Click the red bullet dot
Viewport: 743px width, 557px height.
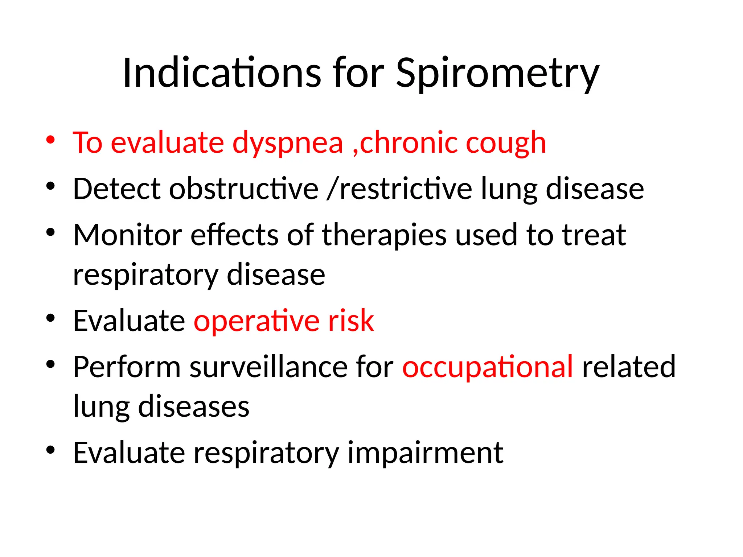50,140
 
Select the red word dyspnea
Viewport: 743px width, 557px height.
287,144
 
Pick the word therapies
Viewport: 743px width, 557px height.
384,236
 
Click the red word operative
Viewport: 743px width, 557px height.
256,322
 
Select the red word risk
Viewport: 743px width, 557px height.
351,321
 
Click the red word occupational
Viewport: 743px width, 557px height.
488,368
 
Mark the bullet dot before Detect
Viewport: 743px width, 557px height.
50,186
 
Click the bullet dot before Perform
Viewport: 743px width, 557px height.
50,364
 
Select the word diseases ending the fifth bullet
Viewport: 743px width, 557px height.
194,407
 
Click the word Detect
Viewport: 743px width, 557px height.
116,189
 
